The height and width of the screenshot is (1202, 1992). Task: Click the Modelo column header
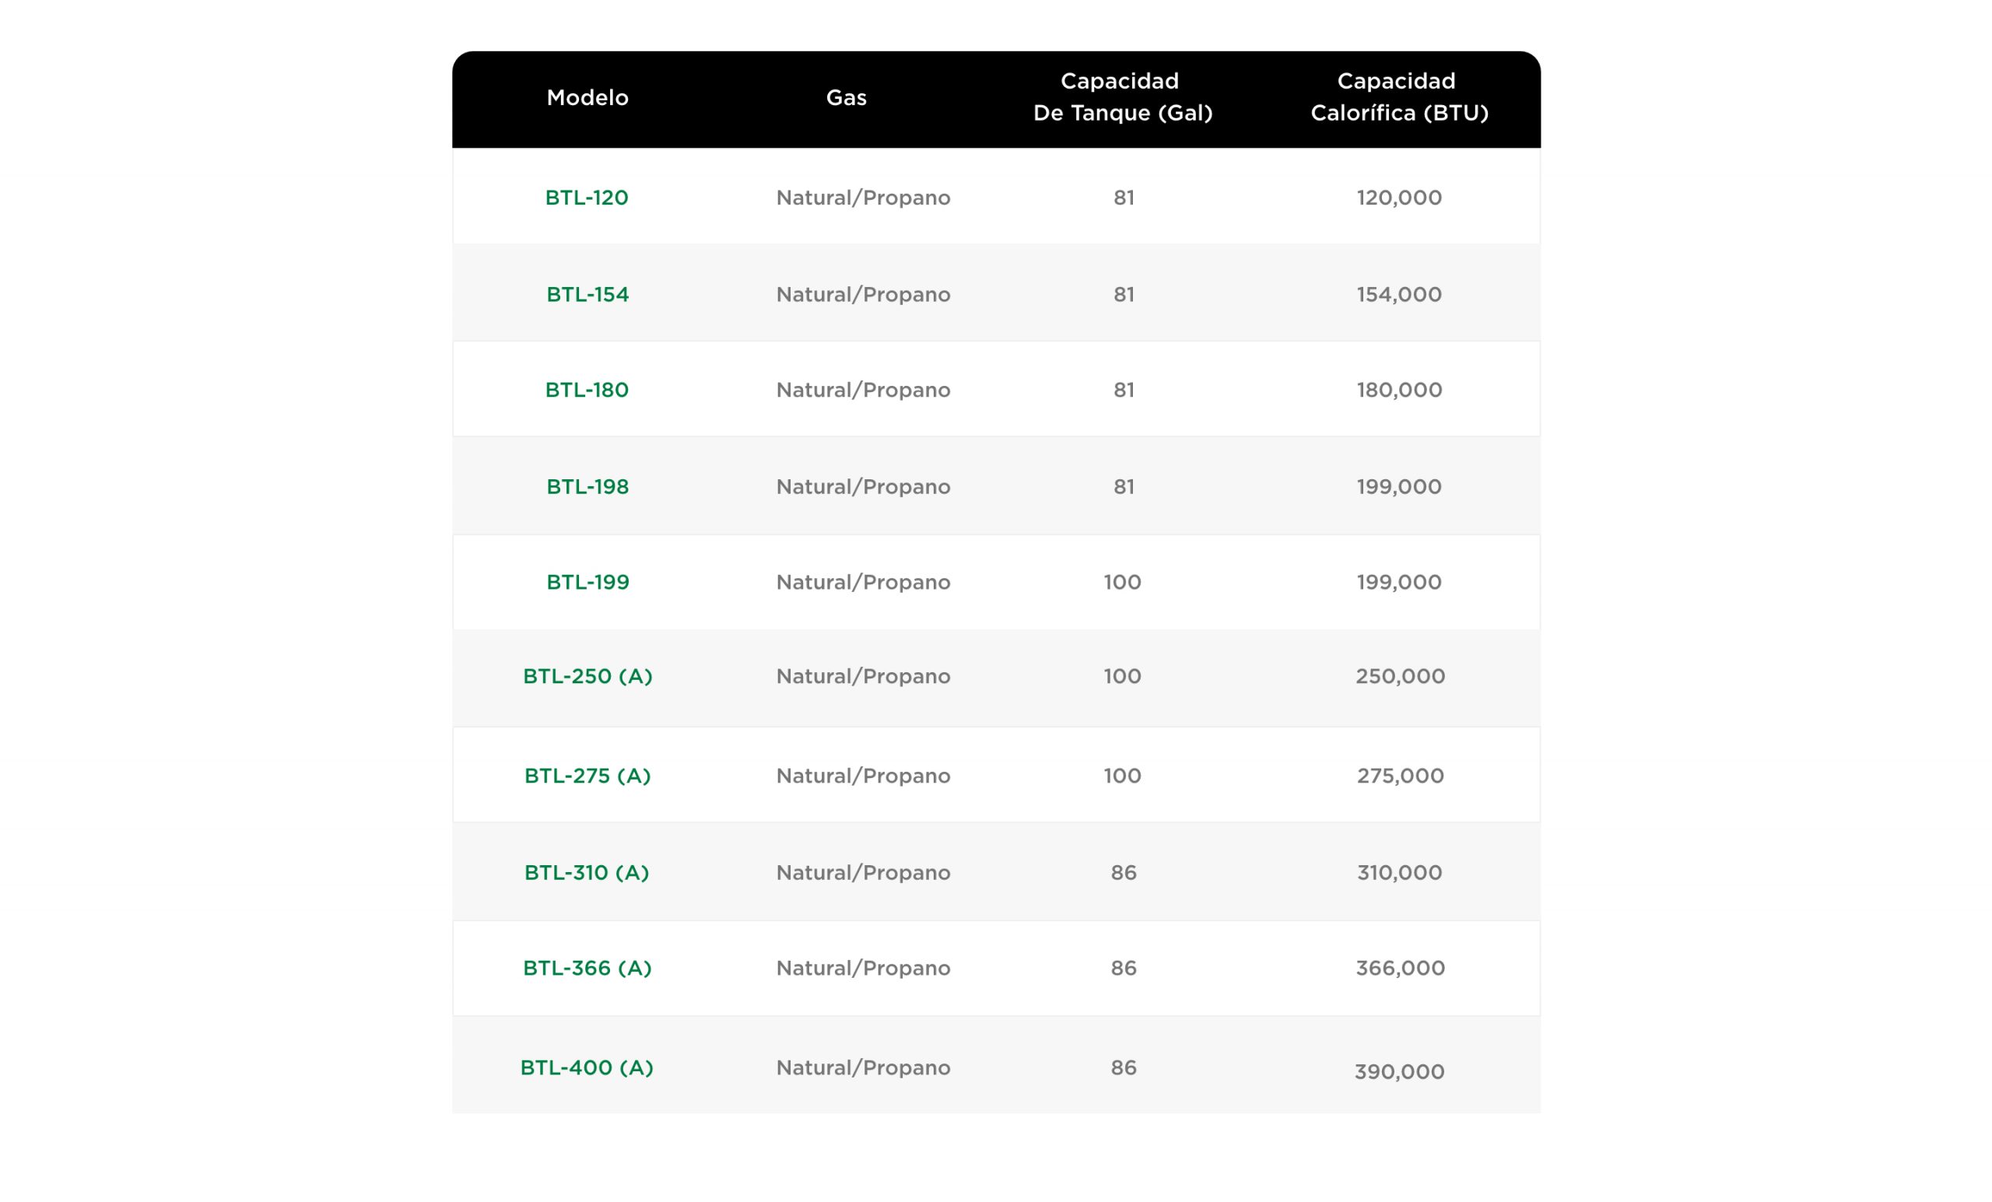click(587, 98)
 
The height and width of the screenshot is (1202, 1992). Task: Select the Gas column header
click(846, 98)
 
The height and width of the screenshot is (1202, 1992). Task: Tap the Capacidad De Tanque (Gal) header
click(1122, 97)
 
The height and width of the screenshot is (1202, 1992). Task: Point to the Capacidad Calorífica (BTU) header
click(1398, 97)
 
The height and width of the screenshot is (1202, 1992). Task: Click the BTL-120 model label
click(586, 198)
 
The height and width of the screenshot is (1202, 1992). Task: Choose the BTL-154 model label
click(587, 294)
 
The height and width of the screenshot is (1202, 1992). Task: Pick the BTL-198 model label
click(587, 486)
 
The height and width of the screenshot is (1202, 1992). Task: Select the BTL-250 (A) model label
click(587, 676)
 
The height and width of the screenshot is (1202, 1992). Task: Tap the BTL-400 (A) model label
click(586, 1068)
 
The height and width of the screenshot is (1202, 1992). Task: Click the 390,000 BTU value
click(1398, 1072)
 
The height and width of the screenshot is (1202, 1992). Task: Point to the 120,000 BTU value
click(1398, 198)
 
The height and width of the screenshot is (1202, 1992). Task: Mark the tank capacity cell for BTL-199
click(1122, 582)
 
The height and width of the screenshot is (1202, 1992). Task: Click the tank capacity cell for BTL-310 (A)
click(1123, 873)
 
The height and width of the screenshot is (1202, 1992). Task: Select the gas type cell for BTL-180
click(863, 390)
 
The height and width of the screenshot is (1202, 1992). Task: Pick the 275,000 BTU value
click(1399, 776)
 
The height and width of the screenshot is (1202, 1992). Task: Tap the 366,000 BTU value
click(1399, 969)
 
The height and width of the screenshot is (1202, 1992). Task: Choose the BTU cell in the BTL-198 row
click(1398, 486)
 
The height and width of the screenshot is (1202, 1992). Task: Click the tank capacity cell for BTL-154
click(1123, 294)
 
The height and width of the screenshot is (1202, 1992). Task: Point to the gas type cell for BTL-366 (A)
click(863, 969)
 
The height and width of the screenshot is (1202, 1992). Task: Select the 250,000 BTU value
click(1399, 676)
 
